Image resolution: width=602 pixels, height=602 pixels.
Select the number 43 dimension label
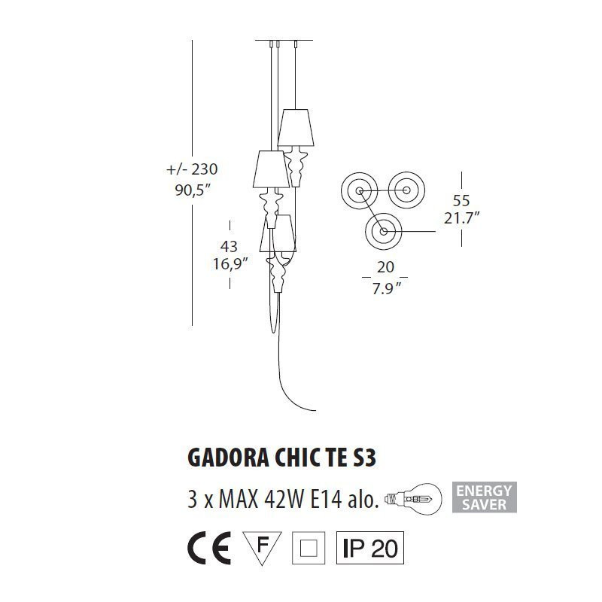(230, 245)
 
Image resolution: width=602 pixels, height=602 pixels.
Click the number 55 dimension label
(461, 200)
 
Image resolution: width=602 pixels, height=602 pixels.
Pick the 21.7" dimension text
(461, 219)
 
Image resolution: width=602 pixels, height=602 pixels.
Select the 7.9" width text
(386, 287)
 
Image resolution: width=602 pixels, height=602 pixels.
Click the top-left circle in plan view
(360, 190)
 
